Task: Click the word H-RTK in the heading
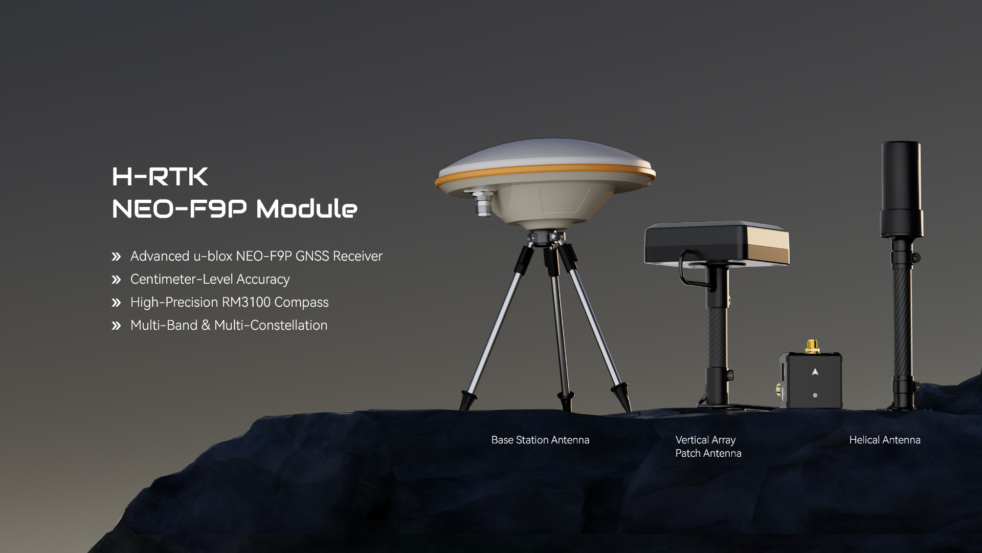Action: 160,177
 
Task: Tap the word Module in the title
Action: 306,208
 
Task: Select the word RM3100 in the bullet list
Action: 246,302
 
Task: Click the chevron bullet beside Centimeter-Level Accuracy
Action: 116,280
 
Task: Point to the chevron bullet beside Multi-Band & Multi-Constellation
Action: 116,326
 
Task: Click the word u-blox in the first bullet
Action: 213,256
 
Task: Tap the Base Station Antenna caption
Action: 540,440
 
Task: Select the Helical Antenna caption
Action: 885,440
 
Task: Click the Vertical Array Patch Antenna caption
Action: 708,446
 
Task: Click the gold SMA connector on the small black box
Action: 811,346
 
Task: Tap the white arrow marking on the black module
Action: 815,372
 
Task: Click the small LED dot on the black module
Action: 815,395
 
